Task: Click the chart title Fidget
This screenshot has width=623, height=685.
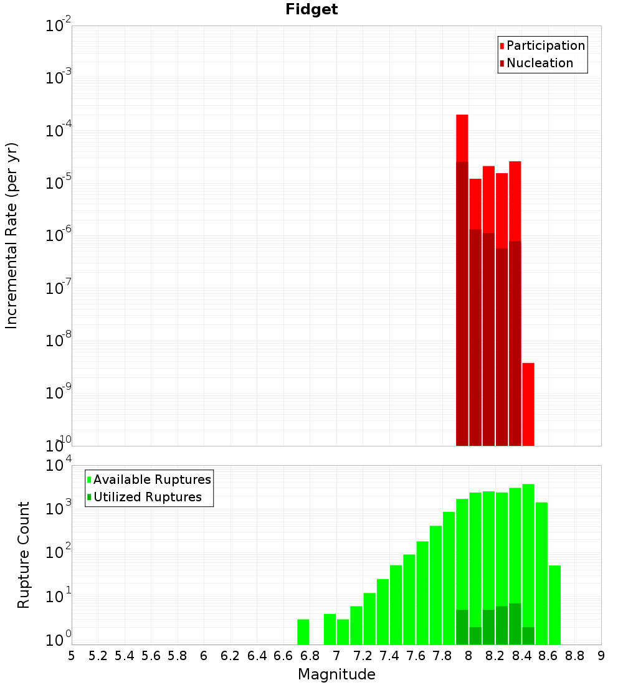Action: (x=311, y=9)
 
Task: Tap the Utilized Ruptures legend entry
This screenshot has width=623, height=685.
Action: (x=147, y=497)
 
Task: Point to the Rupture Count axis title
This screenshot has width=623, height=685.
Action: (x=24, y=555)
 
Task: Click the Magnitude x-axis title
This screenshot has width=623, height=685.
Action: (x=336, y=674)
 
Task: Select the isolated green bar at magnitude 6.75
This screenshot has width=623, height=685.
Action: (x=303, y=631)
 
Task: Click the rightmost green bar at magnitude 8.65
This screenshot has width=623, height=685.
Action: (x=554, y=604)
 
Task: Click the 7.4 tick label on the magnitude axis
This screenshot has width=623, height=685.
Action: (x=389, y=656)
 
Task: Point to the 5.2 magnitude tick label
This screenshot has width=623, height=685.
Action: (x=98, y=656)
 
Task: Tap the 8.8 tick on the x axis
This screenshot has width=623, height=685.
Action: (x=575, y=656)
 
